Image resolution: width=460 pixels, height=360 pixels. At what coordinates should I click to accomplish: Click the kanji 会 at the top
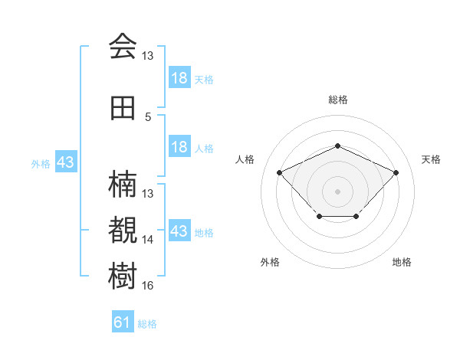pyautogui.click(x=123, y=46)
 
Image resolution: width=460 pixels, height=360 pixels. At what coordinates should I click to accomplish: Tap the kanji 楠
pyautogui.click(x=123, y=184)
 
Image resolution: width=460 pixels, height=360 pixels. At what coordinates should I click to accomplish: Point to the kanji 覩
pyautogui.click(x=123, y=230)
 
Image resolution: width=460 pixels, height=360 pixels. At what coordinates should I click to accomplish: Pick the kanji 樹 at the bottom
pyautogui.click(x=123, y=276)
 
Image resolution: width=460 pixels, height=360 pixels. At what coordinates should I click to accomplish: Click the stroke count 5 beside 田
pyautogui.click(x=148, y=117)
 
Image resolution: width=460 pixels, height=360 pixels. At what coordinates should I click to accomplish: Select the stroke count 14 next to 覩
pyautogui.click(x=147, y=240)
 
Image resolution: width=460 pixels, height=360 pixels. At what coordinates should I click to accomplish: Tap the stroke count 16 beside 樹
pyautogui.click(x=147, y=285)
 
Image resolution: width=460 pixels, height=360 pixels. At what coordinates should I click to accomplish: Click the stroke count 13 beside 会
pyautogui.click(x=147, y=56)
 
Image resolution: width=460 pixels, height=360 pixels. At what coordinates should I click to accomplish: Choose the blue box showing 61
pyautogui.click(x=123, y=321)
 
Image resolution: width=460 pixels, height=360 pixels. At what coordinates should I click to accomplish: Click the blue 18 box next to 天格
pyautogui.click(x=180, y=77)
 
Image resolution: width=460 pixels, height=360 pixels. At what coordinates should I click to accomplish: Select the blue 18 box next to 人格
pyautogui.click(x=180, y=146)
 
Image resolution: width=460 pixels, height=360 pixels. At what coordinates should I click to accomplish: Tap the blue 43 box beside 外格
pyautogui.click(x=66, y=162)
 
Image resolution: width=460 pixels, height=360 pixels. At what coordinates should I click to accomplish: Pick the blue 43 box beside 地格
pyautogui.click(x=180, y=230)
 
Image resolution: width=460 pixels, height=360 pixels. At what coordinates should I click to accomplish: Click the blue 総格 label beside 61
pyautogui.click(x=147, y=324)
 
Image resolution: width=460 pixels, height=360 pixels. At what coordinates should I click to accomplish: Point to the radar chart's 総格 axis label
pyautogui.click(x=338, y=100)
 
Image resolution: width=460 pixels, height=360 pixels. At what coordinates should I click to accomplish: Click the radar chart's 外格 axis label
pyautogui.click(x=270, y=262)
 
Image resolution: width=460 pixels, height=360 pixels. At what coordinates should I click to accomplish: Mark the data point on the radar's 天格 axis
pyautogui.click(x=396, y=172)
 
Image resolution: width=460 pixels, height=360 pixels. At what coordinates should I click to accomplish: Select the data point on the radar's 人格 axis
pyautogui.click(x=280, y=172)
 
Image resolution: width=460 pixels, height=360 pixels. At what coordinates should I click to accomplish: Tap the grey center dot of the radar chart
pyautogui.click(x=337, y=191)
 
